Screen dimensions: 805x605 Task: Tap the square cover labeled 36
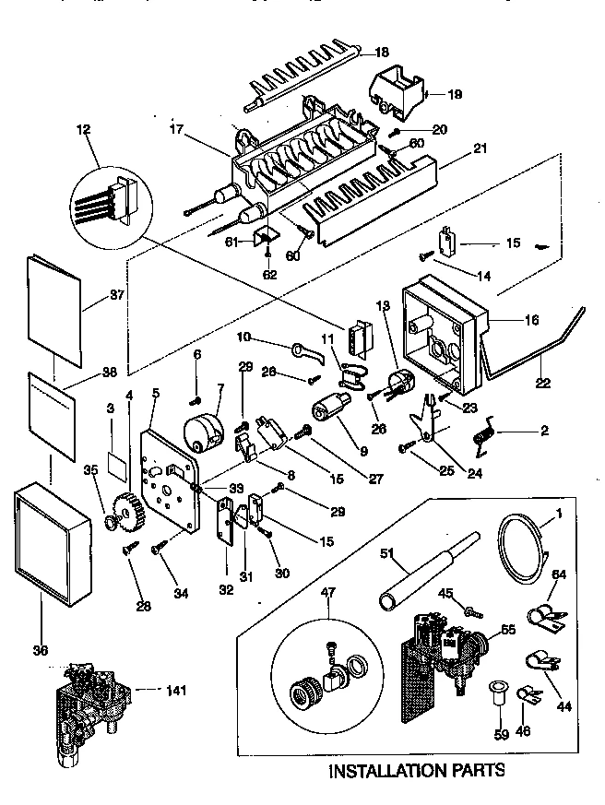[53, 549]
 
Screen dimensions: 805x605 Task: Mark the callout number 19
[456, 94]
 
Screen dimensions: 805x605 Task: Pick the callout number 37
[91, 295]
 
